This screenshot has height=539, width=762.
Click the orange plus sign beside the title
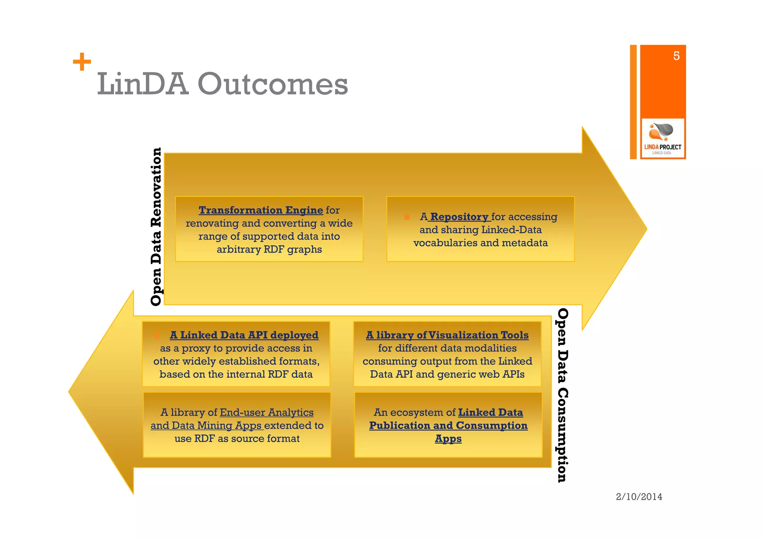pyautogui.click(x=82, y=62)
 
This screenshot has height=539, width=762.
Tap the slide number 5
pyautogui.click(x=676, y=56)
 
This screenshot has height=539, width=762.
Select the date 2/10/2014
pyautogui.click(x=639, y=497)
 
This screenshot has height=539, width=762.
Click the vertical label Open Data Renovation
pyautogui.click(x=156, y=226)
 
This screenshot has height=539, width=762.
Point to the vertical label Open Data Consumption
pyautogui.click(x=562, y=395)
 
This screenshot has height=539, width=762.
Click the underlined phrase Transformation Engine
pyautogui.click(x=260, y=210)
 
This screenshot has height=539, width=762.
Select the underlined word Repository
pyautogui.click(x=459, y=217)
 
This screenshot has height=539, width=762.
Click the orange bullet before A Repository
pyautogui.click(x=407, y=217)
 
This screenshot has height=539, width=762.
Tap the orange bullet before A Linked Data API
pyautogui.click(x=157, y=335)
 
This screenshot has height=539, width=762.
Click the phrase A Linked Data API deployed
pyautogui.click(x=244, y=335)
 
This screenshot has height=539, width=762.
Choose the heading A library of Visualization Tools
pyautogui.click(x=447, y=335)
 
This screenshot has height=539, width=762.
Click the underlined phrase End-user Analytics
pyautogui.click(x=266, y=412)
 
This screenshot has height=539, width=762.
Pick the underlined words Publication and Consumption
pyautogui.click(x=448, y=425)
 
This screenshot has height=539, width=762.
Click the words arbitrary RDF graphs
pyautogui.click(x=269, y=249)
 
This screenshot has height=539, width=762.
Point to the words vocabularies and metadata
pyautogui.click(x=480, y=243)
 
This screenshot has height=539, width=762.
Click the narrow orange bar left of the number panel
pyautogui.click(x=633, y=102)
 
